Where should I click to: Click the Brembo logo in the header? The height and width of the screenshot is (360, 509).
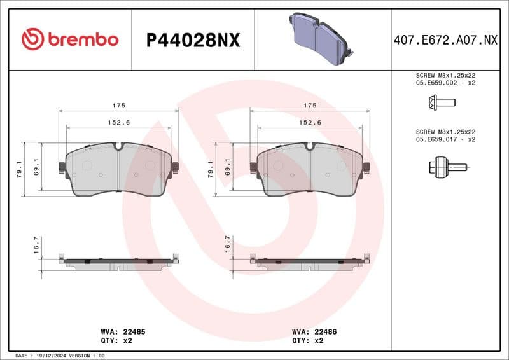70,39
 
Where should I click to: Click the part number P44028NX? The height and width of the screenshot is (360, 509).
193,40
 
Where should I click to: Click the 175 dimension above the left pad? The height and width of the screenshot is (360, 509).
119,105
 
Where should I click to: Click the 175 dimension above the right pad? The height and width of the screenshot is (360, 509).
310,105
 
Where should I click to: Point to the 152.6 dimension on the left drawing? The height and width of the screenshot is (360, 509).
119,122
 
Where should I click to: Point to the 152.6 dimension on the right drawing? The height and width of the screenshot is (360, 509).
310,122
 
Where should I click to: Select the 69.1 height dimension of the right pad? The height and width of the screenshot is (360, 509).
228,167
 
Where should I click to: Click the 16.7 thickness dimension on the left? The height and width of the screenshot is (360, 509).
36,245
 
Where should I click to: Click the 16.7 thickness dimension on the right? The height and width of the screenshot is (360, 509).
228,245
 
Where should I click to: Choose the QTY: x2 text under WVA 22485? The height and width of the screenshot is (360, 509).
116,340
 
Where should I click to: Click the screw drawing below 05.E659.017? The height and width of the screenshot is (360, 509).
447,167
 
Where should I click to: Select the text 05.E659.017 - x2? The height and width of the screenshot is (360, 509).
445,139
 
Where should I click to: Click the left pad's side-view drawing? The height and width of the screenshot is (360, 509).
119,262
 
